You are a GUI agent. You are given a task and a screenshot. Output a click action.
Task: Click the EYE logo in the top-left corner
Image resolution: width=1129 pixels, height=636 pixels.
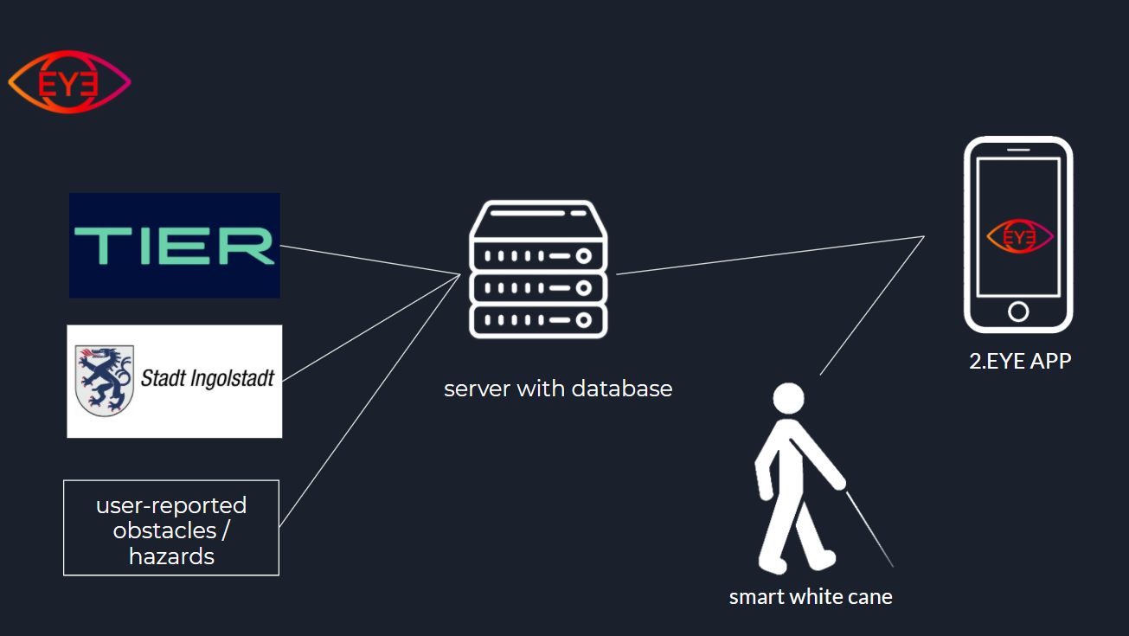[69, 82]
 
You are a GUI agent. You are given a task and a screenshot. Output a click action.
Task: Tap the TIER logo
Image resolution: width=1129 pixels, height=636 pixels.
[175, 246]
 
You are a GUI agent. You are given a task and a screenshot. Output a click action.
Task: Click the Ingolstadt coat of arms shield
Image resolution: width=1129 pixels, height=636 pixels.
[105, 381]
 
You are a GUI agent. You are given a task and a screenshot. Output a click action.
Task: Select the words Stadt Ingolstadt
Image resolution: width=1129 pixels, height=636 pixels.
[207, 378]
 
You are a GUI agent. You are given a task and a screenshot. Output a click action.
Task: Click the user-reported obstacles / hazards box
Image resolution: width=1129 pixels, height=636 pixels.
[171, 528]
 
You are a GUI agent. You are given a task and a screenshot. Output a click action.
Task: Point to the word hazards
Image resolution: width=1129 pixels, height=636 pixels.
[172, 556]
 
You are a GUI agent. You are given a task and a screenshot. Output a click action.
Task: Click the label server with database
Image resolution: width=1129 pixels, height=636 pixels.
[558, 389]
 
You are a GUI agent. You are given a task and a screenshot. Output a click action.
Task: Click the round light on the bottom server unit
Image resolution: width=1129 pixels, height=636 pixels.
[584, 320]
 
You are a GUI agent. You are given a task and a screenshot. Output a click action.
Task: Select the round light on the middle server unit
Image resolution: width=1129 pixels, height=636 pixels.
[584, 288]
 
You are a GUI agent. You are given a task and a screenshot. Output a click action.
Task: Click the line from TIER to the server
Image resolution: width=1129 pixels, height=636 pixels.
[370, 260]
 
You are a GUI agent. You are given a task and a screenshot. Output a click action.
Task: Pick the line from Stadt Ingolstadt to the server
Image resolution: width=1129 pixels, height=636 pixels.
[371, 328]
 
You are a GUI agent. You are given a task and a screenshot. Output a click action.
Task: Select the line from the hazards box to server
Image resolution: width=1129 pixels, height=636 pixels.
[370, 401]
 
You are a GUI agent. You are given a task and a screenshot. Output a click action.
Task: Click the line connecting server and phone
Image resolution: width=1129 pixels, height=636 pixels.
[770, 255]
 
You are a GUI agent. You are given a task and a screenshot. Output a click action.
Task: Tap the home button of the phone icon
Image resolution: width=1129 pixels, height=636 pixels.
[1018, 312]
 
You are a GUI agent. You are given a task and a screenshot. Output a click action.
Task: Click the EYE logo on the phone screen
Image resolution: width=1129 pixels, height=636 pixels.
[1020, 236]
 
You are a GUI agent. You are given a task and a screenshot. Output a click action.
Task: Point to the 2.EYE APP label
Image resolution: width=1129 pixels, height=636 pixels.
[1020, 361]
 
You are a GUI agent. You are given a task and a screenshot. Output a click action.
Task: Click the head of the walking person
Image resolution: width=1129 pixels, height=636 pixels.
[789, 399]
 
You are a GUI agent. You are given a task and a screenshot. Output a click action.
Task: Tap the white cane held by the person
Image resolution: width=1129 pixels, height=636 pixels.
[869, 530]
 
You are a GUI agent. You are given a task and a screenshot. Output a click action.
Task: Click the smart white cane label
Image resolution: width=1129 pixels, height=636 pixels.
[811, 597]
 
